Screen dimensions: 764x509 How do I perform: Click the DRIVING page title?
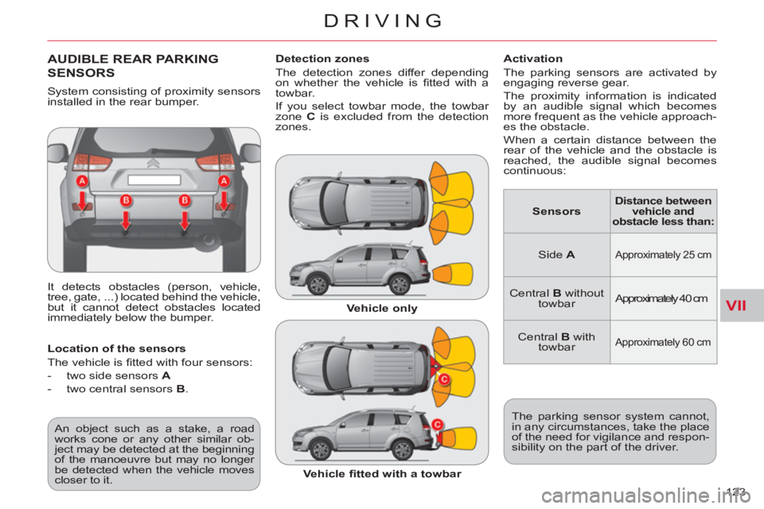[383, 21]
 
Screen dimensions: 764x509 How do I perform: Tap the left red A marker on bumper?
[82, 181]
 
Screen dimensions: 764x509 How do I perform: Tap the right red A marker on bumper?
[224, 181]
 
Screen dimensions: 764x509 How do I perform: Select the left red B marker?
[126, 200]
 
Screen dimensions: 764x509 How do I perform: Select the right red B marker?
[185, 200]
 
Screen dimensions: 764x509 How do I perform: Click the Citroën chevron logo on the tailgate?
[153, 163]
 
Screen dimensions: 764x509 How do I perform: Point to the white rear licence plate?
[154, 180]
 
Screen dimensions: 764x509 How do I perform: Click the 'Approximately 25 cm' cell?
[663, 254]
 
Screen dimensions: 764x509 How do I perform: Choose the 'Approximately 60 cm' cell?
[663, 342]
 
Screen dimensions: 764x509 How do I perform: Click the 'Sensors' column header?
[556, 212]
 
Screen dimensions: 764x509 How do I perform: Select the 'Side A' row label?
[556, 254]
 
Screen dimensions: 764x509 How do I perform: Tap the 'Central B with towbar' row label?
[556, 342]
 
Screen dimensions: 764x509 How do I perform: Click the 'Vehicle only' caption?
[382, 309]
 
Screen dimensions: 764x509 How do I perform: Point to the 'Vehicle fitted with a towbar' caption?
[382, 474]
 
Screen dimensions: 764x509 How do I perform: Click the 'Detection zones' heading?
[322, 59]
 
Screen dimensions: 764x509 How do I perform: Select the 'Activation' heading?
[532, 59]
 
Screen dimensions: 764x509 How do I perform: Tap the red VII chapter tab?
[735, 305]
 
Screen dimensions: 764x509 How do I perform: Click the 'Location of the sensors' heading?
[116, 349]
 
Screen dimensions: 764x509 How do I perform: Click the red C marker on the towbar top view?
[444, 379]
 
